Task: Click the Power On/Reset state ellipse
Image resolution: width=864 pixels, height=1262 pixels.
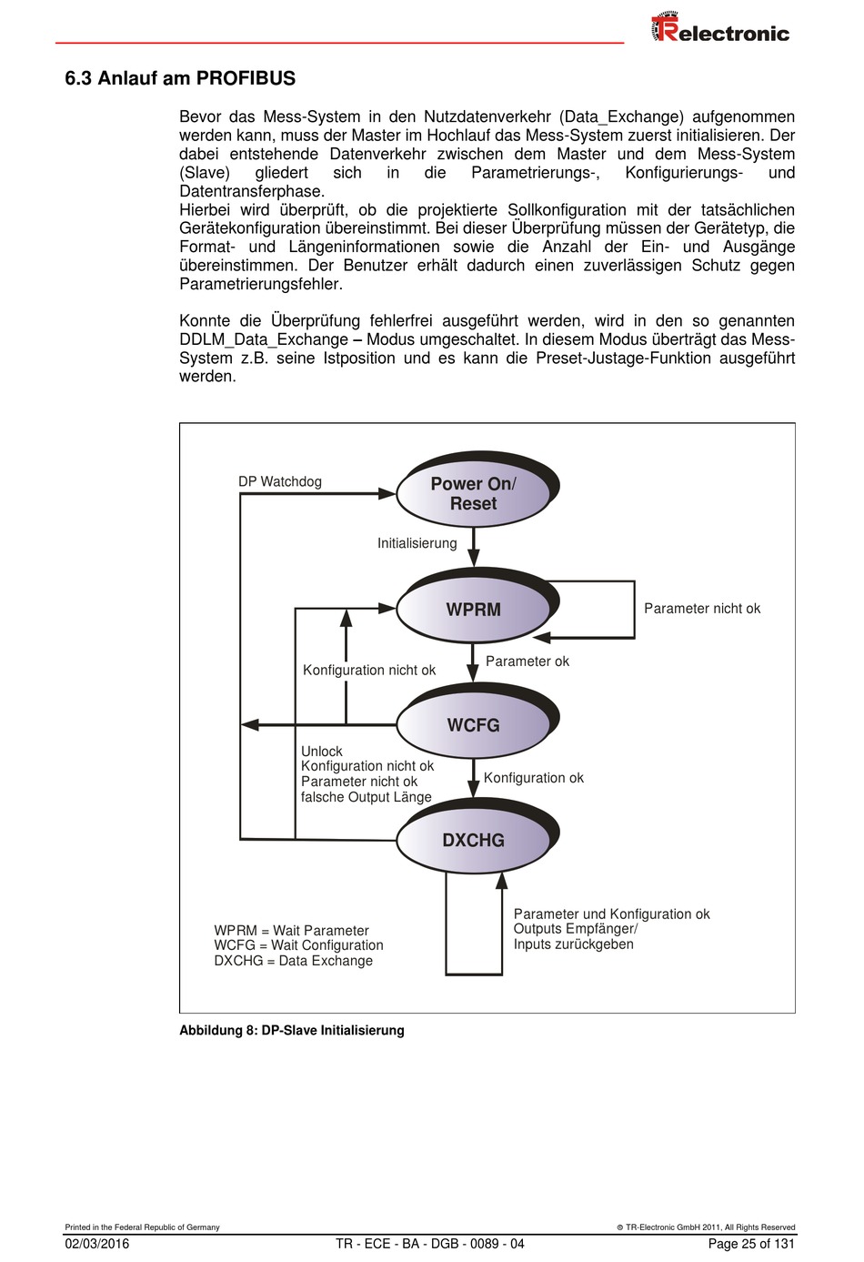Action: pos(473,494)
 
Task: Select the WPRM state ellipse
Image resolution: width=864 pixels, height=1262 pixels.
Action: pos(473,610)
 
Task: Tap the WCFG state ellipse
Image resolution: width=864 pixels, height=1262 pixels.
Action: pos(473,725)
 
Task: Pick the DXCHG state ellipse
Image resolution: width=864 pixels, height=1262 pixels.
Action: pos(473,840)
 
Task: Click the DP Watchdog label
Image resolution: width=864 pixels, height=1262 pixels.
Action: pos(280,481)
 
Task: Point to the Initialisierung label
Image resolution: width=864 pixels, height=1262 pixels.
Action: pos(417,543)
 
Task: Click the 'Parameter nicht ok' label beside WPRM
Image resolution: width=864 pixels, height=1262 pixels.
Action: pos(702,609)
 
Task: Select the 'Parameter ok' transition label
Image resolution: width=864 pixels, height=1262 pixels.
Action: pos(527,661)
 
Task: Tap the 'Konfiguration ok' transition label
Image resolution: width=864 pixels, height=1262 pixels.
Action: pos(534,778)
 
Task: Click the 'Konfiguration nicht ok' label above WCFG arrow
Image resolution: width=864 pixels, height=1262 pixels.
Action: pos(369,671)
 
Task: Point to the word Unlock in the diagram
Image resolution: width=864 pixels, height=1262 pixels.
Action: pos(322,752)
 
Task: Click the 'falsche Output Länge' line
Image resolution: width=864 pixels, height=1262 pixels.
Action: pos(367,797)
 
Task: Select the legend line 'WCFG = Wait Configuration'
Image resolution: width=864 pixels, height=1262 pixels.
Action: pos(299,945)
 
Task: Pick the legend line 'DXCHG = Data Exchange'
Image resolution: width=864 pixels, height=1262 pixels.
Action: pos(294,961)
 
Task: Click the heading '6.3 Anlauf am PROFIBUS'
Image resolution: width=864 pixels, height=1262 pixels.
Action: pos(180,78)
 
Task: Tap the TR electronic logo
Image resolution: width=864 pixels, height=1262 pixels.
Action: pos(720,29)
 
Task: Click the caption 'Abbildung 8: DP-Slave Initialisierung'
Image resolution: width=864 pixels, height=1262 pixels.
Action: pos(292,1030)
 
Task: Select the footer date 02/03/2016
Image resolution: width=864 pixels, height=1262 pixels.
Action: pos(97,1244)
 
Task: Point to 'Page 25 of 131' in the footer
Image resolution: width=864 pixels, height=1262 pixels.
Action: pos(751,1244)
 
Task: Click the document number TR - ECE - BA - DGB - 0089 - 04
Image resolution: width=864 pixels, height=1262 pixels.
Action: pos(430,1244)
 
